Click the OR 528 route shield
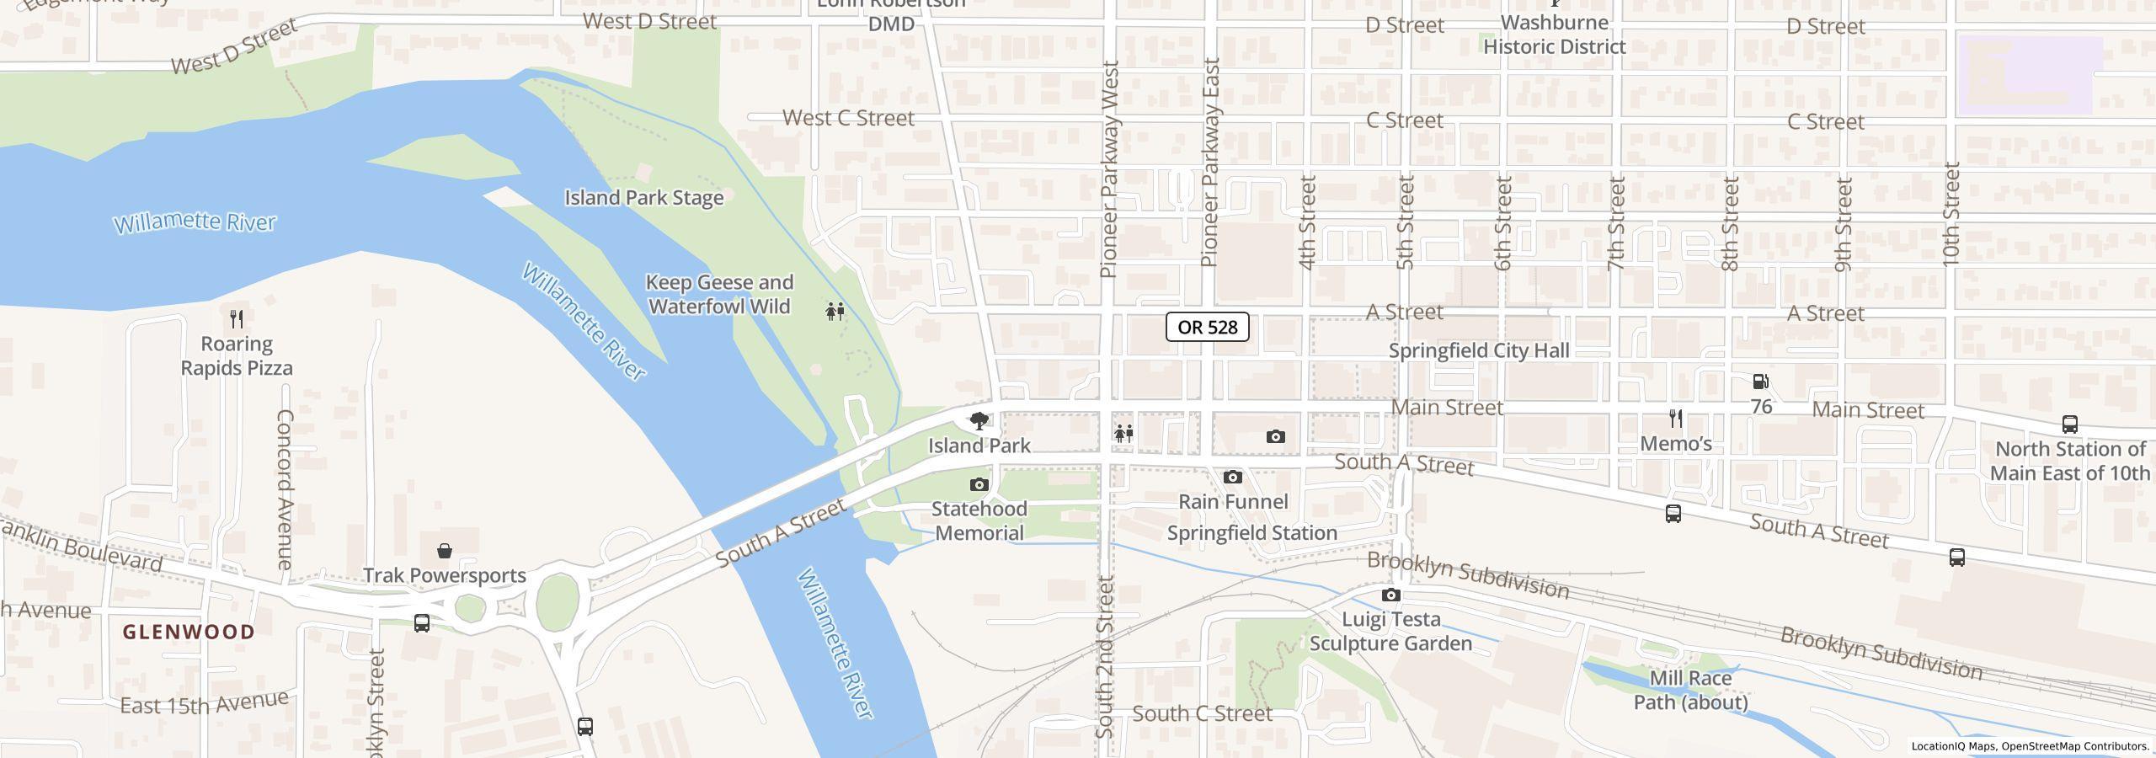[x=1207, y=327]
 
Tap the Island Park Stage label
[x=643, y=198]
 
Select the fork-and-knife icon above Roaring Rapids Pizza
[x=237, y=318]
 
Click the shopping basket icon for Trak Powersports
[x=445, y=551]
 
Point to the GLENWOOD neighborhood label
[x=189, y=632]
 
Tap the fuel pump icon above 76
[x=1760, y=382]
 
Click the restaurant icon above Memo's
[x=1676, y=418]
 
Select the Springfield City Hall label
[x=1479, y=350]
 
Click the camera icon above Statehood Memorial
[x=979, y=484]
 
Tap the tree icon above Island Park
[x=979, y=420]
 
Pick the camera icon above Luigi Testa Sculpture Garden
[x=1390, y=595]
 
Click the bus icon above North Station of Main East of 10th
[x=2069, y=424]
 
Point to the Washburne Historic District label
[x=1554, y=35]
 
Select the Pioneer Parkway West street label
[x=1109, y=168]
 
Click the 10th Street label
[x=1951, y=215]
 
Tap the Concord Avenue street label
[x=285, y=488]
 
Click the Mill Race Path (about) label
[x=1690, y=690]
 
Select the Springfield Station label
[x=1251, y=533]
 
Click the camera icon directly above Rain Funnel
[x=1232, y=477]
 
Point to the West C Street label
[x=848, y=118]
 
